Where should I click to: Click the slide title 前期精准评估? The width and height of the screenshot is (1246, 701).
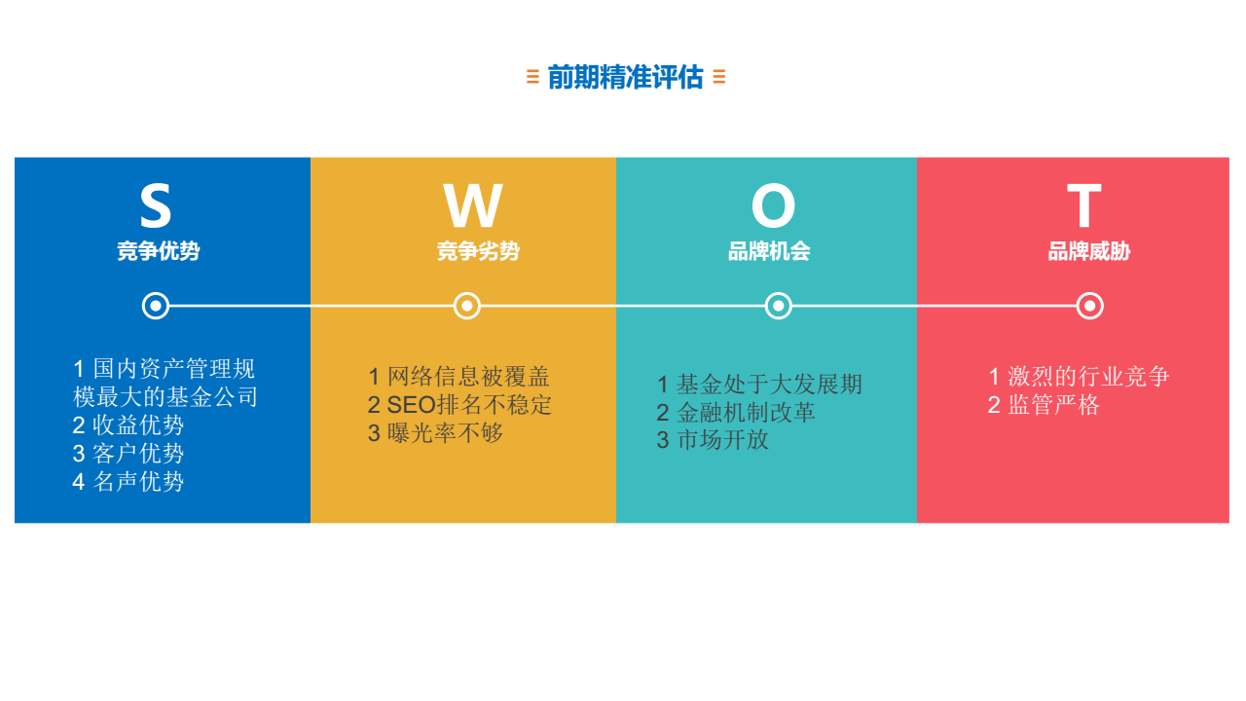click(626, 77)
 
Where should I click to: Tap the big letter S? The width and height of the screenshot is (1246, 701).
click(155, 205)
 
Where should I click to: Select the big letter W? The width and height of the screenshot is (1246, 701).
click(473, 205)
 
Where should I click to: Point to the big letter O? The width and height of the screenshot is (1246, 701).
click(773, 205)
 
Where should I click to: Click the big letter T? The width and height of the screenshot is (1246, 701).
click(1084, 205)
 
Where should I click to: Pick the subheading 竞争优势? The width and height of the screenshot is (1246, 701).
click(159, 251)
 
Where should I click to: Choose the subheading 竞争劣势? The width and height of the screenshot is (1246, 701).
click(478, 251)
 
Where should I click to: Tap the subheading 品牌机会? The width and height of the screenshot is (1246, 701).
click(769, 251)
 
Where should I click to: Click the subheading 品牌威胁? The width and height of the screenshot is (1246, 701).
click(1089, 251)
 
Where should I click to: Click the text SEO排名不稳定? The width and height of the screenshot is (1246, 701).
click(469, 405)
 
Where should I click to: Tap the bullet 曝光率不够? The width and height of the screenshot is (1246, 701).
click(445, 433)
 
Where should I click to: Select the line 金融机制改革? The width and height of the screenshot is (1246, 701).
click(746, 412)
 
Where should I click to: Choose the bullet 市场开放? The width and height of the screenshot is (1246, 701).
click(722, 440)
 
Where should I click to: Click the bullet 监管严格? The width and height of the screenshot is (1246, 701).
click(1053, 405)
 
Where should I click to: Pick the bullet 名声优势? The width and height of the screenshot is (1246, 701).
click(138, 482)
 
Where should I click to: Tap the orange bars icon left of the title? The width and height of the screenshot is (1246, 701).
click(532, 77)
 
